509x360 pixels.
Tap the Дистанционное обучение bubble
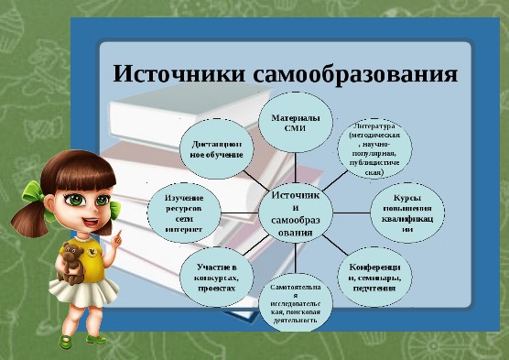point(217,148)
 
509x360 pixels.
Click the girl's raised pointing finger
point(119,237)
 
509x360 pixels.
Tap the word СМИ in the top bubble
point(295,130)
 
